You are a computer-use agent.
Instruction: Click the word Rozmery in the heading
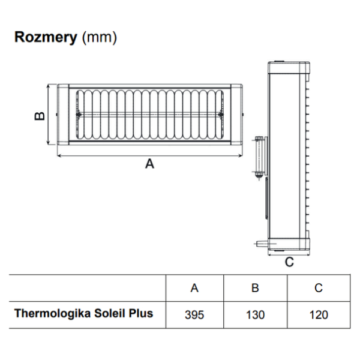[45, 38]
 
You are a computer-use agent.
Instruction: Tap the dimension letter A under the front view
[150, 164]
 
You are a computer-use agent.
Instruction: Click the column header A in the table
[194, 288]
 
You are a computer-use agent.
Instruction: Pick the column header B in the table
[255, 288]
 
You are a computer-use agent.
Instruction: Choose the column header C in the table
[319, 288]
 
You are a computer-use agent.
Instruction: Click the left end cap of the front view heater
[63, 115]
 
